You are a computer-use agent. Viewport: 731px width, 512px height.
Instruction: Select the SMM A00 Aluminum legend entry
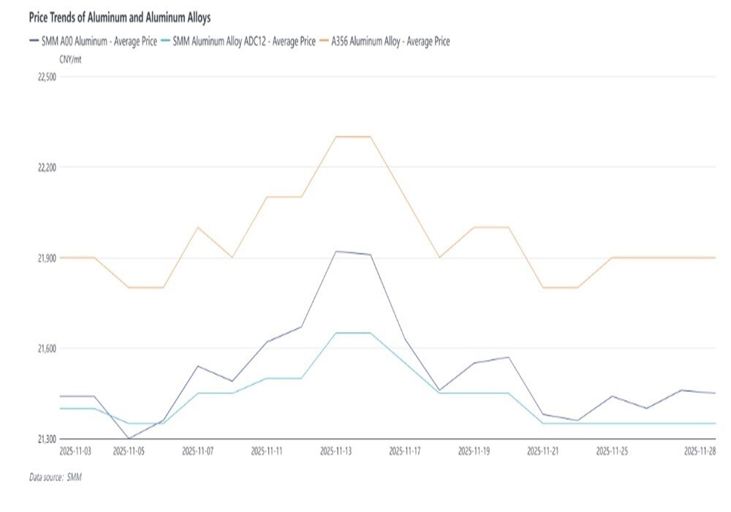click(x=93, y=42)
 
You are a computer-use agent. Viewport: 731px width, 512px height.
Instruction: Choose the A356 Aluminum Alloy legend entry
click(x=386, y=42)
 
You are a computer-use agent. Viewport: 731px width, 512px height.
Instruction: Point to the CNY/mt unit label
click(x=70, y=59)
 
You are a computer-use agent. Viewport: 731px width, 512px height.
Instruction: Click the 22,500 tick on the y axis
click(x=46, y=77)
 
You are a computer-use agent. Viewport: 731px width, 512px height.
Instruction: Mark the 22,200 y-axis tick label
click(x=46, y=167)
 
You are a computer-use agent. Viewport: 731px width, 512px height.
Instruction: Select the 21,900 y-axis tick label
click(x=46, y=258)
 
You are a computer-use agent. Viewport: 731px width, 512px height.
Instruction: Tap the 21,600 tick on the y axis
click(x=46, y=348)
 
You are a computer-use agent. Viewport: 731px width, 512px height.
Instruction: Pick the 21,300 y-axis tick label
click(x=46, y=438)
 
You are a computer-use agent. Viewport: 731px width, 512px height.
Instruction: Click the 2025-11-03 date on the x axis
click(x=75, y=451)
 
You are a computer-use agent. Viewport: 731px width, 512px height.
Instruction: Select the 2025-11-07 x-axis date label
click(x=198, y=451)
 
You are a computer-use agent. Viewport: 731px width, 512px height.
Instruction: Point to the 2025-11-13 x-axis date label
click(x=336, y=451)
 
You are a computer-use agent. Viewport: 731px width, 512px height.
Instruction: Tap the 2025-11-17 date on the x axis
click(x=404, y=451)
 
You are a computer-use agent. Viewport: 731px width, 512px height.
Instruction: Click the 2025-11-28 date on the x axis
click(x=700, y=451)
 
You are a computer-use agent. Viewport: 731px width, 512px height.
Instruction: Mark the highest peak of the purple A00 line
click(x=336, y=252)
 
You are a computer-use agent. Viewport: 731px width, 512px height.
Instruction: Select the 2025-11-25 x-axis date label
click(x=612, y=451)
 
